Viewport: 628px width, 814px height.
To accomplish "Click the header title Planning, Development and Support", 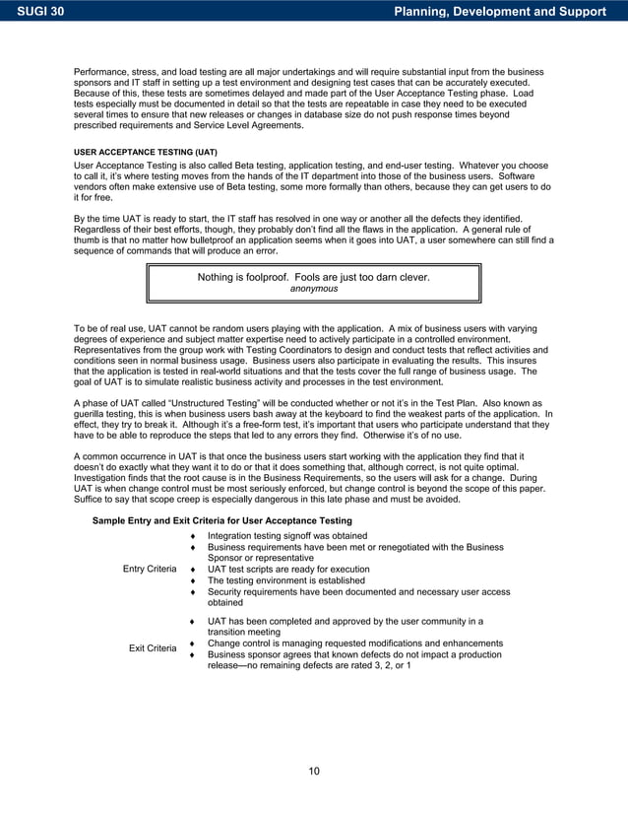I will tap(498, 12).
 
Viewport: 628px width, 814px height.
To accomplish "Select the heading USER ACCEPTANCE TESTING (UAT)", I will tap(146, 153).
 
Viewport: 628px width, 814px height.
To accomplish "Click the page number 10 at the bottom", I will tap(313, 771).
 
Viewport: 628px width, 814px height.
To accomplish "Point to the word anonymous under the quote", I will tap(313, 290).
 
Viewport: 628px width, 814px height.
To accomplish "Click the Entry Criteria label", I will tap(150, 570).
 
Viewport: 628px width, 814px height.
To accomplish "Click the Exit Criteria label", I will tap(153, 648).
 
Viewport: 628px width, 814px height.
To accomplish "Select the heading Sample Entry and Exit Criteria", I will tap(221, 519).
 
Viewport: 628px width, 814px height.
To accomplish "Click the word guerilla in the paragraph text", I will tap(94, 416).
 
